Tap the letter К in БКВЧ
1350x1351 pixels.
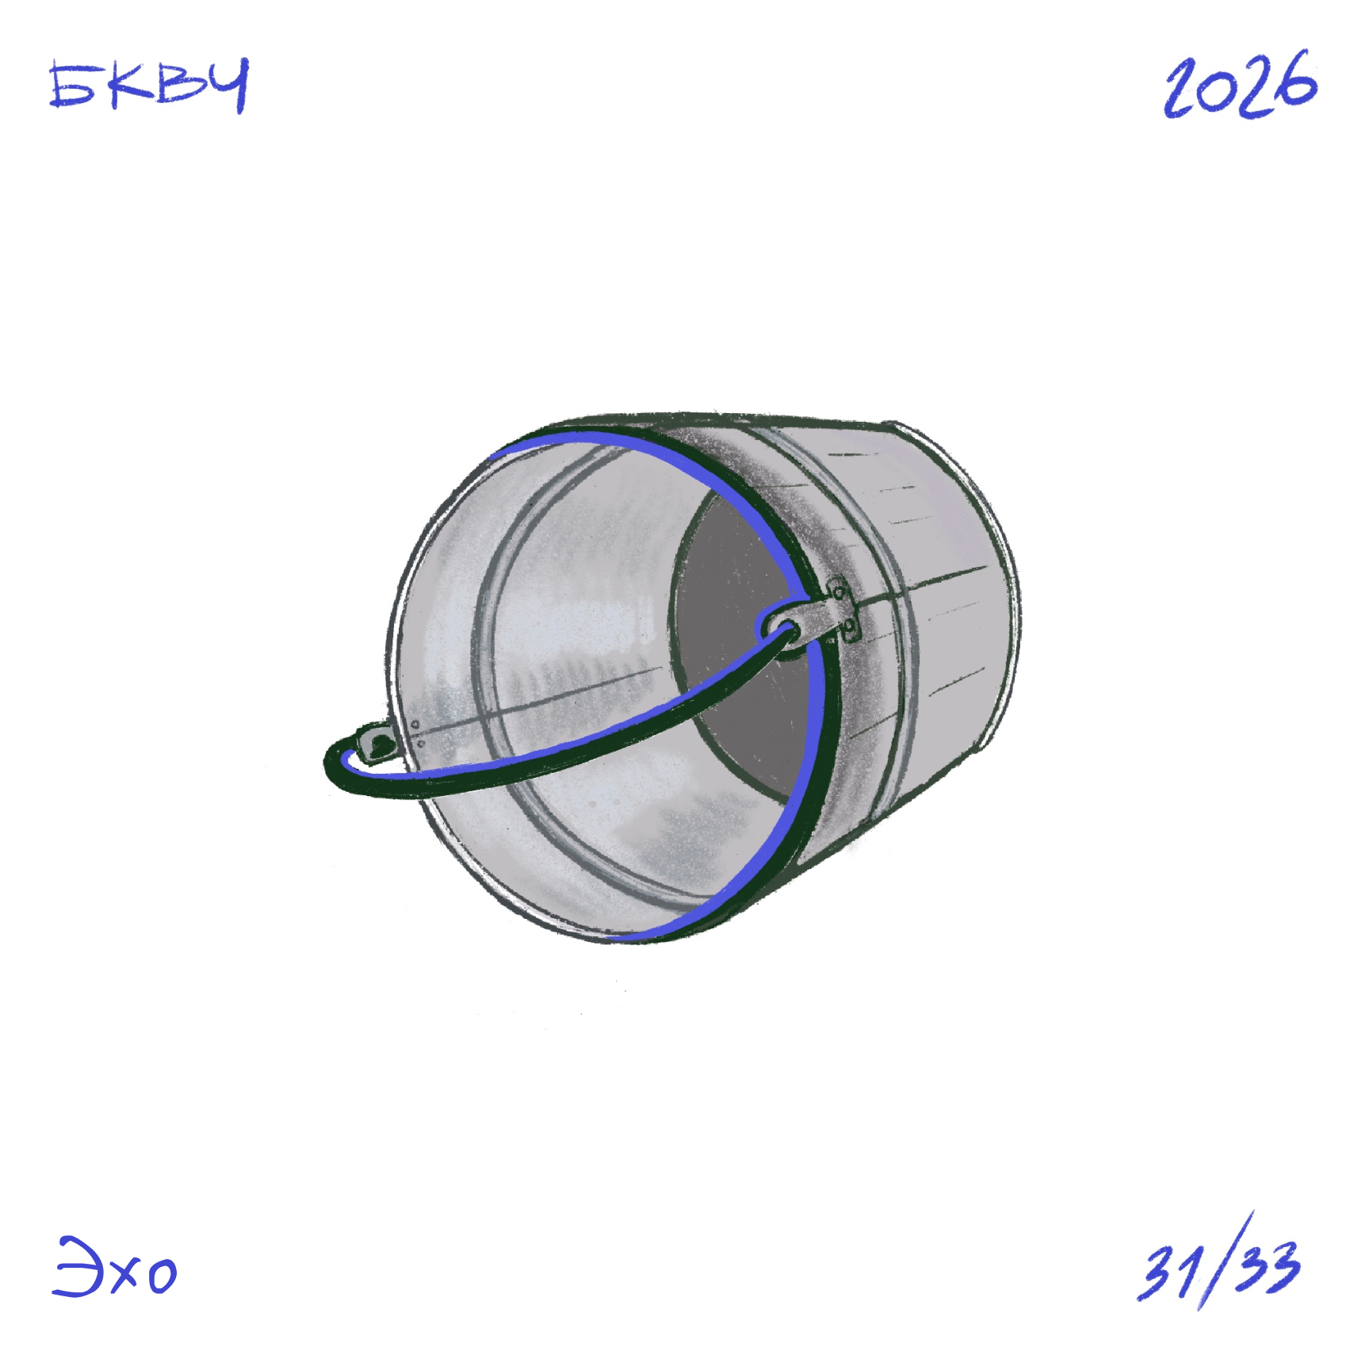(x=131, y=85)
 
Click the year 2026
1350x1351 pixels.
(x=1241, y=84)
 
